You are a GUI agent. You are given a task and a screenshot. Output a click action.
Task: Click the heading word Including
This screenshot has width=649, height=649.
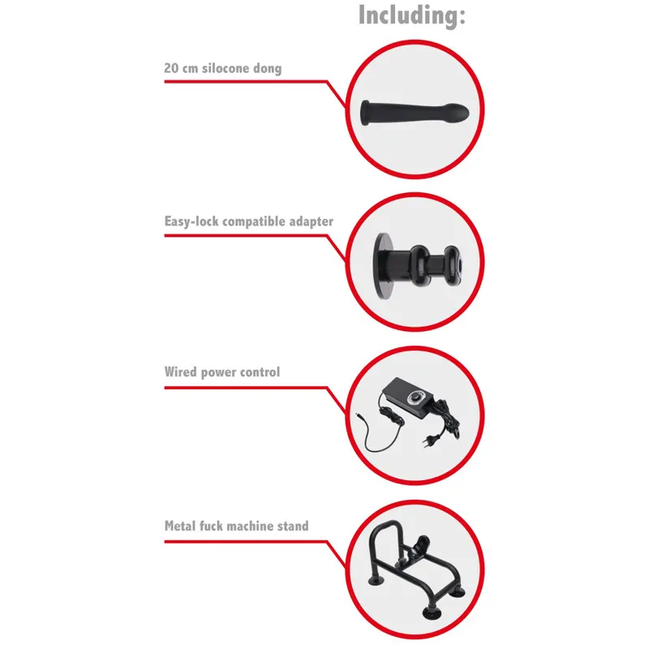[x=412, y=15]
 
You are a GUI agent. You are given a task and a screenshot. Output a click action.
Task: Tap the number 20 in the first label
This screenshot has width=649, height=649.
[x=171, y=68]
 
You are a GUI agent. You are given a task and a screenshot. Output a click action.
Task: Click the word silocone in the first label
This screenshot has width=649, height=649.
[x=226, y=68]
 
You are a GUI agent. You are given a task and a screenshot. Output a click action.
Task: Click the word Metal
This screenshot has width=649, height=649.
[x=179, y=526]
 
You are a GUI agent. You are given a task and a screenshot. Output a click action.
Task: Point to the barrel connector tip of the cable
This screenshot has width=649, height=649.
[x=360, y=415]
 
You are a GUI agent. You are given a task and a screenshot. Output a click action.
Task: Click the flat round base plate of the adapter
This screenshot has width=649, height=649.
[x=380, y=263]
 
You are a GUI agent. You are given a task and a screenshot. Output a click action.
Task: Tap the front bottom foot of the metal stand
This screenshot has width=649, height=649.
[x=432, y=612]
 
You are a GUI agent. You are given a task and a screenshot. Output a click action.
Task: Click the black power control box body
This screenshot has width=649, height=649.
[x=410, y=392]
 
